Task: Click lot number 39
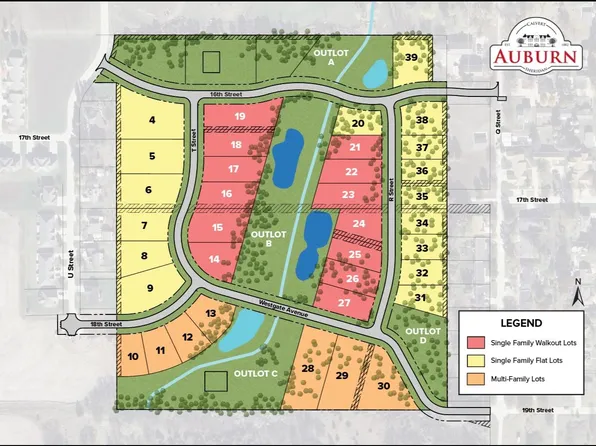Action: pyautogui.click(x=411, y=58)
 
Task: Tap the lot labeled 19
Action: pyautogui.click(x=240, y=117)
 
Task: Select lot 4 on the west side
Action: pyautogui.click(x=152, y=121)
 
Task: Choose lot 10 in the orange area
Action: pyautogui.click(x=133, y=356)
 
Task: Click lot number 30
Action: pyautogui.click(x=384, y=386)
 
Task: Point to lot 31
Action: pyautogui.click(x=420, y=298)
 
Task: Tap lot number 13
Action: pyautogui.click(x=211, y=315)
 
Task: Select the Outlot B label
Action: pyautogui.click(x=262, y=239)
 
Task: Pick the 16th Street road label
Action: pyautogui.click(x=227, y=96)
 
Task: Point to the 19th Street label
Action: pyautogui.click(x=538, y=410)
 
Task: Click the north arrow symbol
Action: pyautogui.click(x=577, y=293)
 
